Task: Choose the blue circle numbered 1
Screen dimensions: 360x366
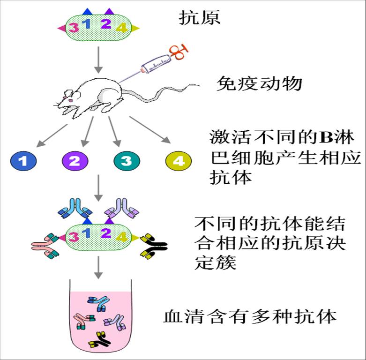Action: click(x=24, y=161)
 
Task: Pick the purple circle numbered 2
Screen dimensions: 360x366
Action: click(x=75, y=161)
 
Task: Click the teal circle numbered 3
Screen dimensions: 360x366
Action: click(x=127, y=161)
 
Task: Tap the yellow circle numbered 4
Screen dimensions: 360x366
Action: click(x=179, y=161)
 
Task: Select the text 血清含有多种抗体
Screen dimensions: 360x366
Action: click(x=249, y=316)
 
